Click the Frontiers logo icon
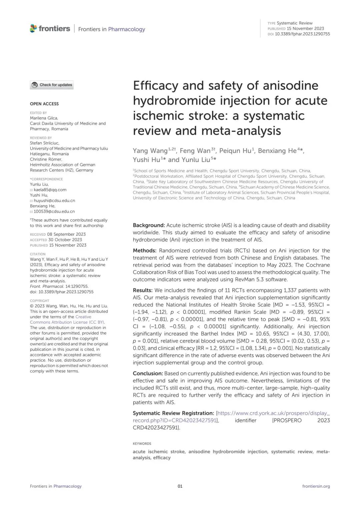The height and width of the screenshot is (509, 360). (33, 29)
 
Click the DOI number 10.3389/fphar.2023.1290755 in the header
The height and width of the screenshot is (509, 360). (302, 34)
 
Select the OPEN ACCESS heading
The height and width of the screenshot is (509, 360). (44, 104)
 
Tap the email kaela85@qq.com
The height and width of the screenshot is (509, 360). (50, 190)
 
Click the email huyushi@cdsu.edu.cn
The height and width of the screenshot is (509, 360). (54, 201)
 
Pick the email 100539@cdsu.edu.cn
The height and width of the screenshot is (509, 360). (54, 212)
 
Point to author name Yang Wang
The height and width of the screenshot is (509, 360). (150, 151)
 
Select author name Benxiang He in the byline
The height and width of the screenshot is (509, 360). (277, 151)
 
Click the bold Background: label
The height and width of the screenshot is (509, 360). (149, 225)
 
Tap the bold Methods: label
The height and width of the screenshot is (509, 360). (144, 251)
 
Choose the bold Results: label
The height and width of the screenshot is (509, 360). (143, 290)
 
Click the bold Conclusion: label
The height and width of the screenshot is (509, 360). (148, 373)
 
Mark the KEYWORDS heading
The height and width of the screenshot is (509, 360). (142, 444)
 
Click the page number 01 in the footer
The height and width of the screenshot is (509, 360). (180, 486)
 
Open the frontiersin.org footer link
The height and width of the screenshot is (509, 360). (316, 486)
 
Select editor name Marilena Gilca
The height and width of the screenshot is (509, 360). (44, 118)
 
